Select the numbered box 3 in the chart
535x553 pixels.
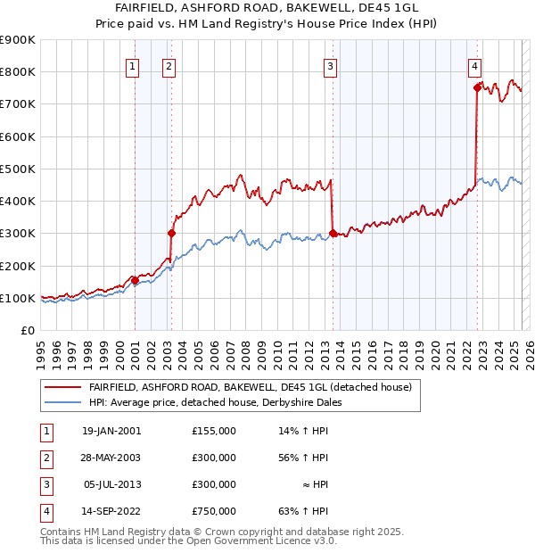pyautogui.click(x=330, y=65)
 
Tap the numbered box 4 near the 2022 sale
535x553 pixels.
pyautogui.click(x=475, y=65)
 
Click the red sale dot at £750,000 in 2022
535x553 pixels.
pyautogui.click(x=478, y=87)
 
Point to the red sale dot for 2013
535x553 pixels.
pyautogui.click(x=333, y=234)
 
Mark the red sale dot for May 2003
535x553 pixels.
pyautogui.click(x=171, y=234)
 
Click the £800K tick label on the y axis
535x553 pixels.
pyautogui.click(x=18, y=72)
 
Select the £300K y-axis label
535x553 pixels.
pyautogui.click(x=18, y=234)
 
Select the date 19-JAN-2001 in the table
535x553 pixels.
pyautogui.click(x=111, y=431)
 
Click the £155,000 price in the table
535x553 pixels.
pyautogui.click(x=214, y=431)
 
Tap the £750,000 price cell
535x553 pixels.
pyautogui.click(x=214, y=511)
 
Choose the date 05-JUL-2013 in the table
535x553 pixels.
pyautogui.click(x=111, y=484)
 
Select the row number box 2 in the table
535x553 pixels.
pyautogui.click(x=43, y=458)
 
